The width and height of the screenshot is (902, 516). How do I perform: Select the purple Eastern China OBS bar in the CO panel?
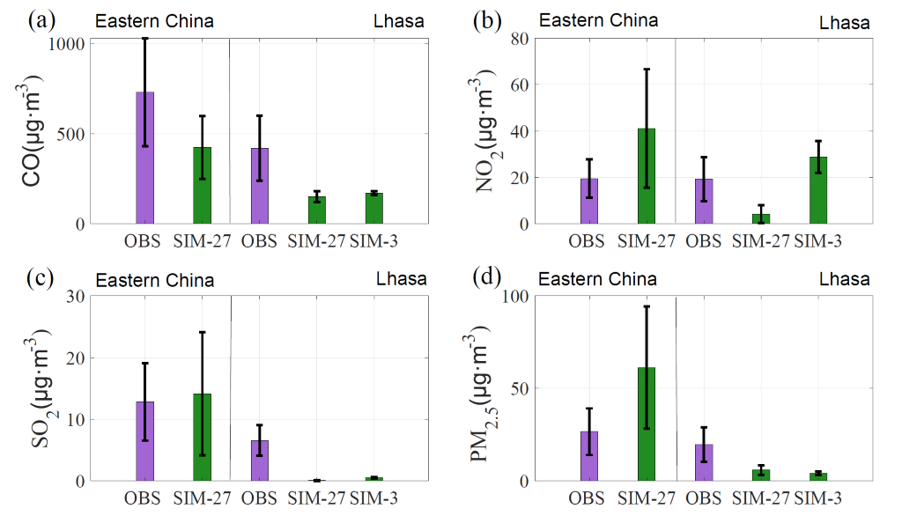144,158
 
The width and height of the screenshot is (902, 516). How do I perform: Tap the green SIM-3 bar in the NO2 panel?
819,190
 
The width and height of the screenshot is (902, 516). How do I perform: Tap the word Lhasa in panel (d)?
844,279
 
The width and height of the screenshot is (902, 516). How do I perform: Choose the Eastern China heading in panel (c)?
154,281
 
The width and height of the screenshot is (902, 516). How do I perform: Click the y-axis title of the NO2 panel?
481,130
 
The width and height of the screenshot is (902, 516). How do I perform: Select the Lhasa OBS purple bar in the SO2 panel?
259,461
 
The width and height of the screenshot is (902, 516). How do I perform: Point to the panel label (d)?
485,278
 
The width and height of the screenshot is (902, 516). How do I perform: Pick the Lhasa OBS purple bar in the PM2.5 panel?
703,462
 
